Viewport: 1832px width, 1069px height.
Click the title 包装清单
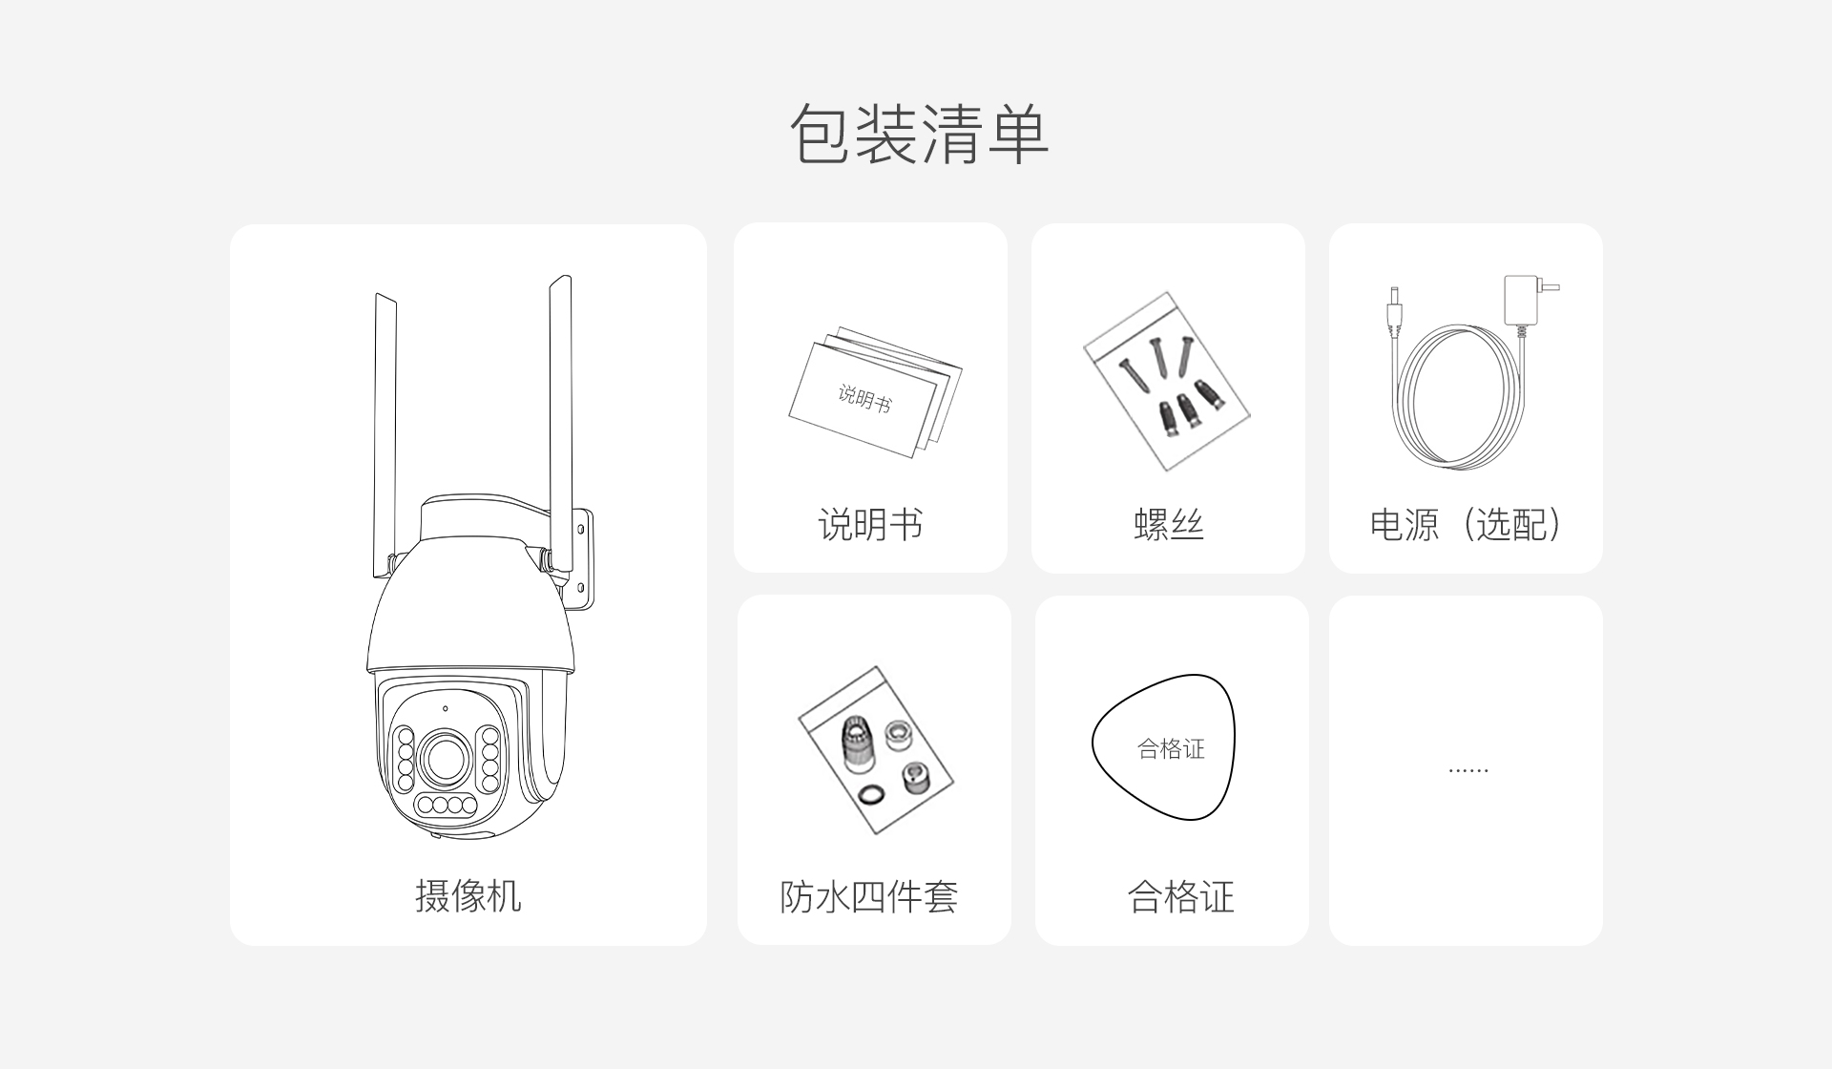[x=919, y=134]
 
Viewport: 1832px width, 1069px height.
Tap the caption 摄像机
[x=468, y=896]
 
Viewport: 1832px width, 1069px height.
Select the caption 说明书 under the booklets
[x=870, y=525]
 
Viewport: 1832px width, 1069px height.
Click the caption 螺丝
[x=1168, y=525]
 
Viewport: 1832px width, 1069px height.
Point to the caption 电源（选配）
[x=1466, y=525]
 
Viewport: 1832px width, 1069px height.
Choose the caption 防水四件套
[x=868, y=896]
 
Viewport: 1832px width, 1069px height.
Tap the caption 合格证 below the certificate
[x=1180, y=896]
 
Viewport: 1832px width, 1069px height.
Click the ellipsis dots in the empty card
[x=1468, y=769]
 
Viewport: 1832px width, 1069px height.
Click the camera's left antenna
[x=385, y=434]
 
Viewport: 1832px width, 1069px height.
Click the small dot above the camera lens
[x=445, y=709]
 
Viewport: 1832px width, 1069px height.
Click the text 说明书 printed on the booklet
[x=864, y=398]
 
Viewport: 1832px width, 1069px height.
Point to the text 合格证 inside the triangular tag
[x=1171, y=749]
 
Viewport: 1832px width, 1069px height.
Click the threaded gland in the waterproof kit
[x=857, y=742]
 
